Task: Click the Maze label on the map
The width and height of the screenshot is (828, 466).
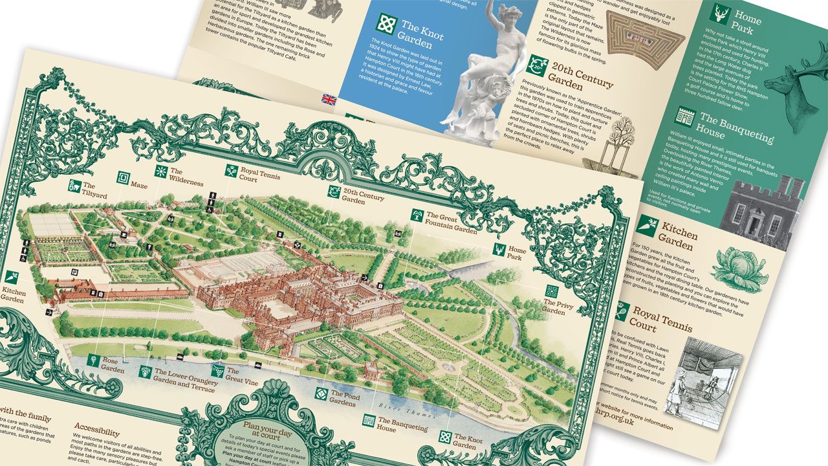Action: coord(138,185)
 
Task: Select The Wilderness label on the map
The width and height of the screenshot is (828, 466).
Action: coord(186,177)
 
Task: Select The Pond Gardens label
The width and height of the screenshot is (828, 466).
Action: coord(343,397)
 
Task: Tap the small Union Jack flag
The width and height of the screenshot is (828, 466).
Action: coord(330,99)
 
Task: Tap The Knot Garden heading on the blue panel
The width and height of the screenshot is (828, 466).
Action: coord(422,32)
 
